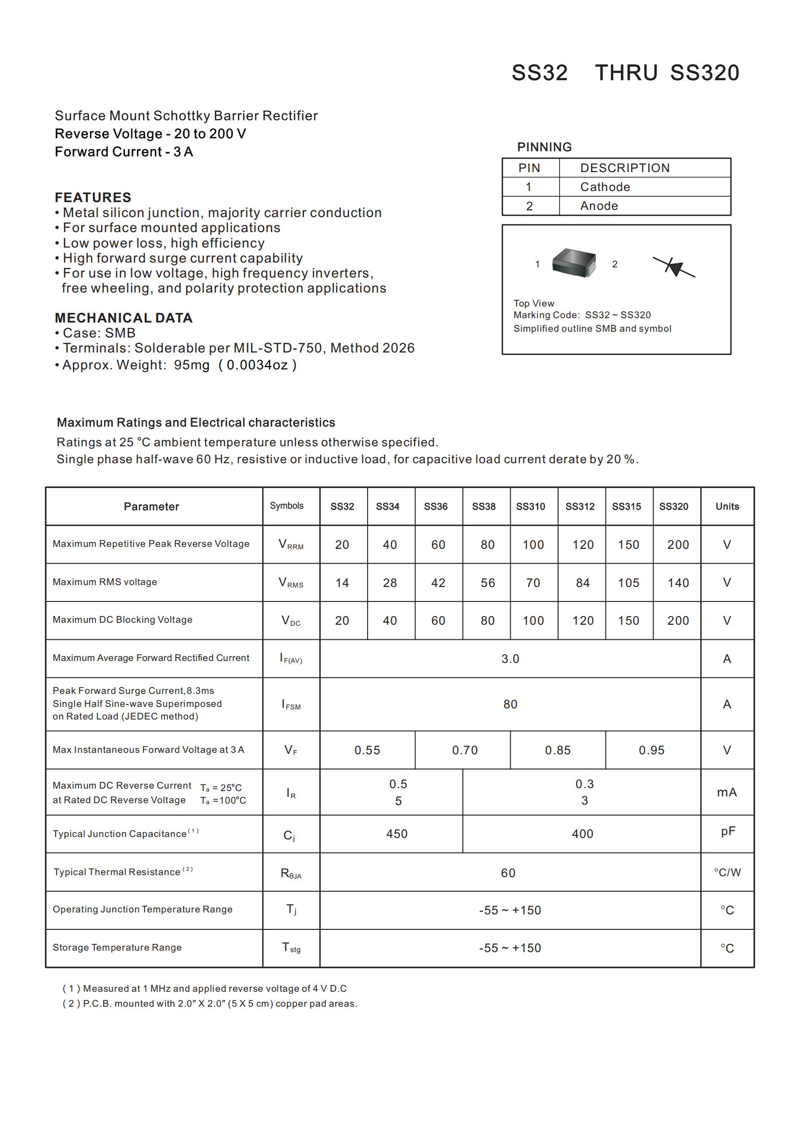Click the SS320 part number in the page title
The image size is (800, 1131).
point(704,73)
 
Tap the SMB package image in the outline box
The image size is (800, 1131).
point(574,263)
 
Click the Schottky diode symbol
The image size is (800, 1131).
point(674,267)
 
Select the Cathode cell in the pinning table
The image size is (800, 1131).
point(605,187)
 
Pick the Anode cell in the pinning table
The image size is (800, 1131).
point(598,206)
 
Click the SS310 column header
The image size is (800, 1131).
point(530,506)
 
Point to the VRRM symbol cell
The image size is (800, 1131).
point(291,544)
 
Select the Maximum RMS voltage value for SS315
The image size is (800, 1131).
point(628,583)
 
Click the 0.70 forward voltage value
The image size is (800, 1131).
point(464,750)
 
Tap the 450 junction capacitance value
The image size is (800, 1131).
point(397,834)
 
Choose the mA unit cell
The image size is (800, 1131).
point(726,792)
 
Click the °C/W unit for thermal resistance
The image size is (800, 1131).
point(727,872)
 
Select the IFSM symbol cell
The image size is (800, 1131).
point(291,705)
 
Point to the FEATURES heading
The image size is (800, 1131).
point(93,198)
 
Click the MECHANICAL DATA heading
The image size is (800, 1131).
point(124,318)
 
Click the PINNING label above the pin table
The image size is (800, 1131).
point(544,147)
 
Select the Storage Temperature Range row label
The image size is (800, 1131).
point(117,947)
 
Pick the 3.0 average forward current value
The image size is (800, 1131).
point(510,659)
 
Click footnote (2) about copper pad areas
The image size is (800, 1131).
point(210,1003)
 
